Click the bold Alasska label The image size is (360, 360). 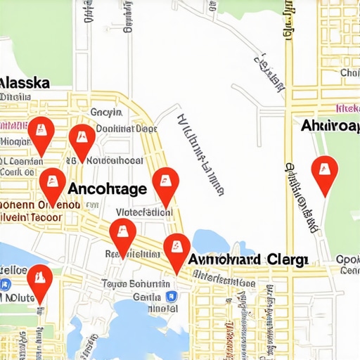[x=25, y=82]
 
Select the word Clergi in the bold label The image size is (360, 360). [x=288, y=259]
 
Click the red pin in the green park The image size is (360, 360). [x=324, y=174]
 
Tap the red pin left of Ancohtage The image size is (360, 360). [x=52, y=185]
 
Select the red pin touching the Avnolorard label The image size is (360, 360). [x=176, y=250]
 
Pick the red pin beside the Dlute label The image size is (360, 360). [x=39, y=282]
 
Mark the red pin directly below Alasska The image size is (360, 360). [x=40, y=134]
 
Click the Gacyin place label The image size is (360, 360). [x=106, y=112]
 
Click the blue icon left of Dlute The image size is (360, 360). [x=6, y=284]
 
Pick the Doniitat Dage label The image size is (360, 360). [x=126, y=129]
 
